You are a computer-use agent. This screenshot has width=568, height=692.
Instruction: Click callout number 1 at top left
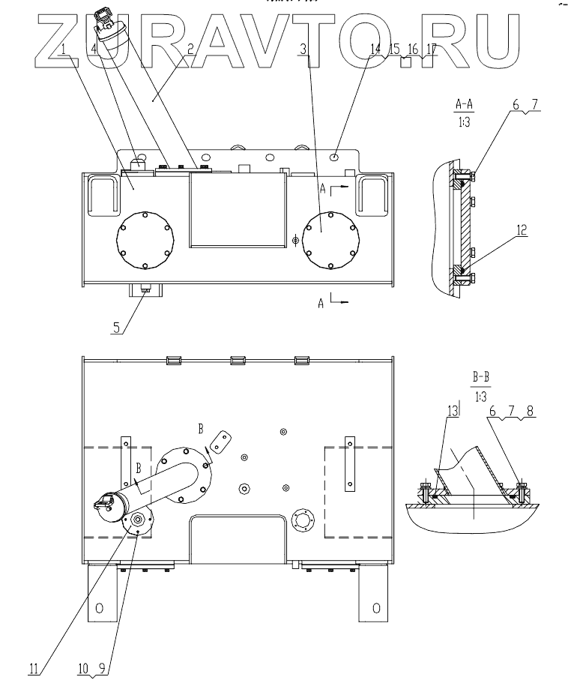click(x=64, y=49)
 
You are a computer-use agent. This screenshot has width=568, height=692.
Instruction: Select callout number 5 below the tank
click(x=116, y=328)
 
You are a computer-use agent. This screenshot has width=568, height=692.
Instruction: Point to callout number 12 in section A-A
click(x=522, y=230)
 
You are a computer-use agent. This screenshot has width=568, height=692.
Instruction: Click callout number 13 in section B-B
click(x=453, y=411)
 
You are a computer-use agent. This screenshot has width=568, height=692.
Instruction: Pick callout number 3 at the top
click(x=303, y=49)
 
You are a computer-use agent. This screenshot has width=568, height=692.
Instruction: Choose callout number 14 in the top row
click(x=375, y=49)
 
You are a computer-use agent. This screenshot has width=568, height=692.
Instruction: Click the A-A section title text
click(x=464, y=105)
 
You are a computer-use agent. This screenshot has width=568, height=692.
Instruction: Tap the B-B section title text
click(x=481, y=377)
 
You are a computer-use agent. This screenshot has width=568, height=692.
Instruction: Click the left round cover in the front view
click(x=145, y=239)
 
